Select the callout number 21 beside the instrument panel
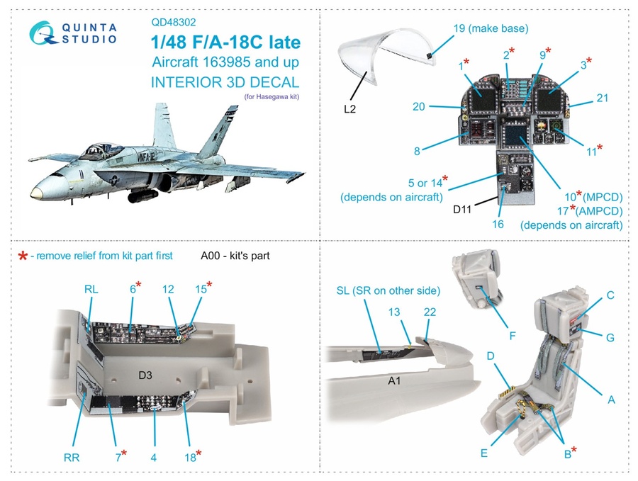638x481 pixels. tap(602, 98)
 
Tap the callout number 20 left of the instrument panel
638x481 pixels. tap(418, 106)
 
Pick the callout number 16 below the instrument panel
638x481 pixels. tap(498, 225)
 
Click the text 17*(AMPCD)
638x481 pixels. tap(588, 210)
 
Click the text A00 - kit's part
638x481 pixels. tap(235, 256)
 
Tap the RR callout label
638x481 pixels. tap(71, 457)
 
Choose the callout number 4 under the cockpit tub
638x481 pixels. tap(153, 457)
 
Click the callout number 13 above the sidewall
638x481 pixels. tap(394, 312)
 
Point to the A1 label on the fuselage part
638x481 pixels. tap(396, 382)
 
